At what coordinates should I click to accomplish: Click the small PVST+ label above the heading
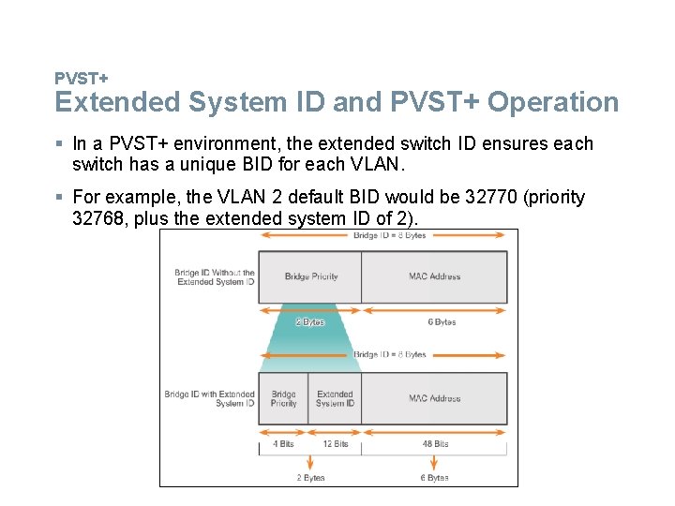click(x=81, y=78)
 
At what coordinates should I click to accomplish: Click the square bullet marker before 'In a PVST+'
click(x=59, y=143)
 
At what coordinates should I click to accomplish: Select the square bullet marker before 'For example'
click(x=59, y=197)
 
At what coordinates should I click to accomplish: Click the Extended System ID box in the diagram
click(x=335, y=398)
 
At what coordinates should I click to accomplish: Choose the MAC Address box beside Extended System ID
click(x=434, y=398)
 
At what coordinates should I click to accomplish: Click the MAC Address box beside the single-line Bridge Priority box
click(x=434, y=276)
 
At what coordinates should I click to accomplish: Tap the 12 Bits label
click(x=335, y=444)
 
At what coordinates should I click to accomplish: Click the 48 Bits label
click(x=434, y=444)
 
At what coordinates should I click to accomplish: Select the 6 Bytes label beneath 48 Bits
click(x=434, y=478)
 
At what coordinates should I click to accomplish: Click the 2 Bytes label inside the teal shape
click(x=309, y=321)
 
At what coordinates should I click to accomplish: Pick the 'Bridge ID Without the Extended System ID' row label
click(x=215, y=277)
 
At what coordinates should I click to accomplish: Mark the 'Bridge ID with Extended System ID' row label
click(x=210, y=398)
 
